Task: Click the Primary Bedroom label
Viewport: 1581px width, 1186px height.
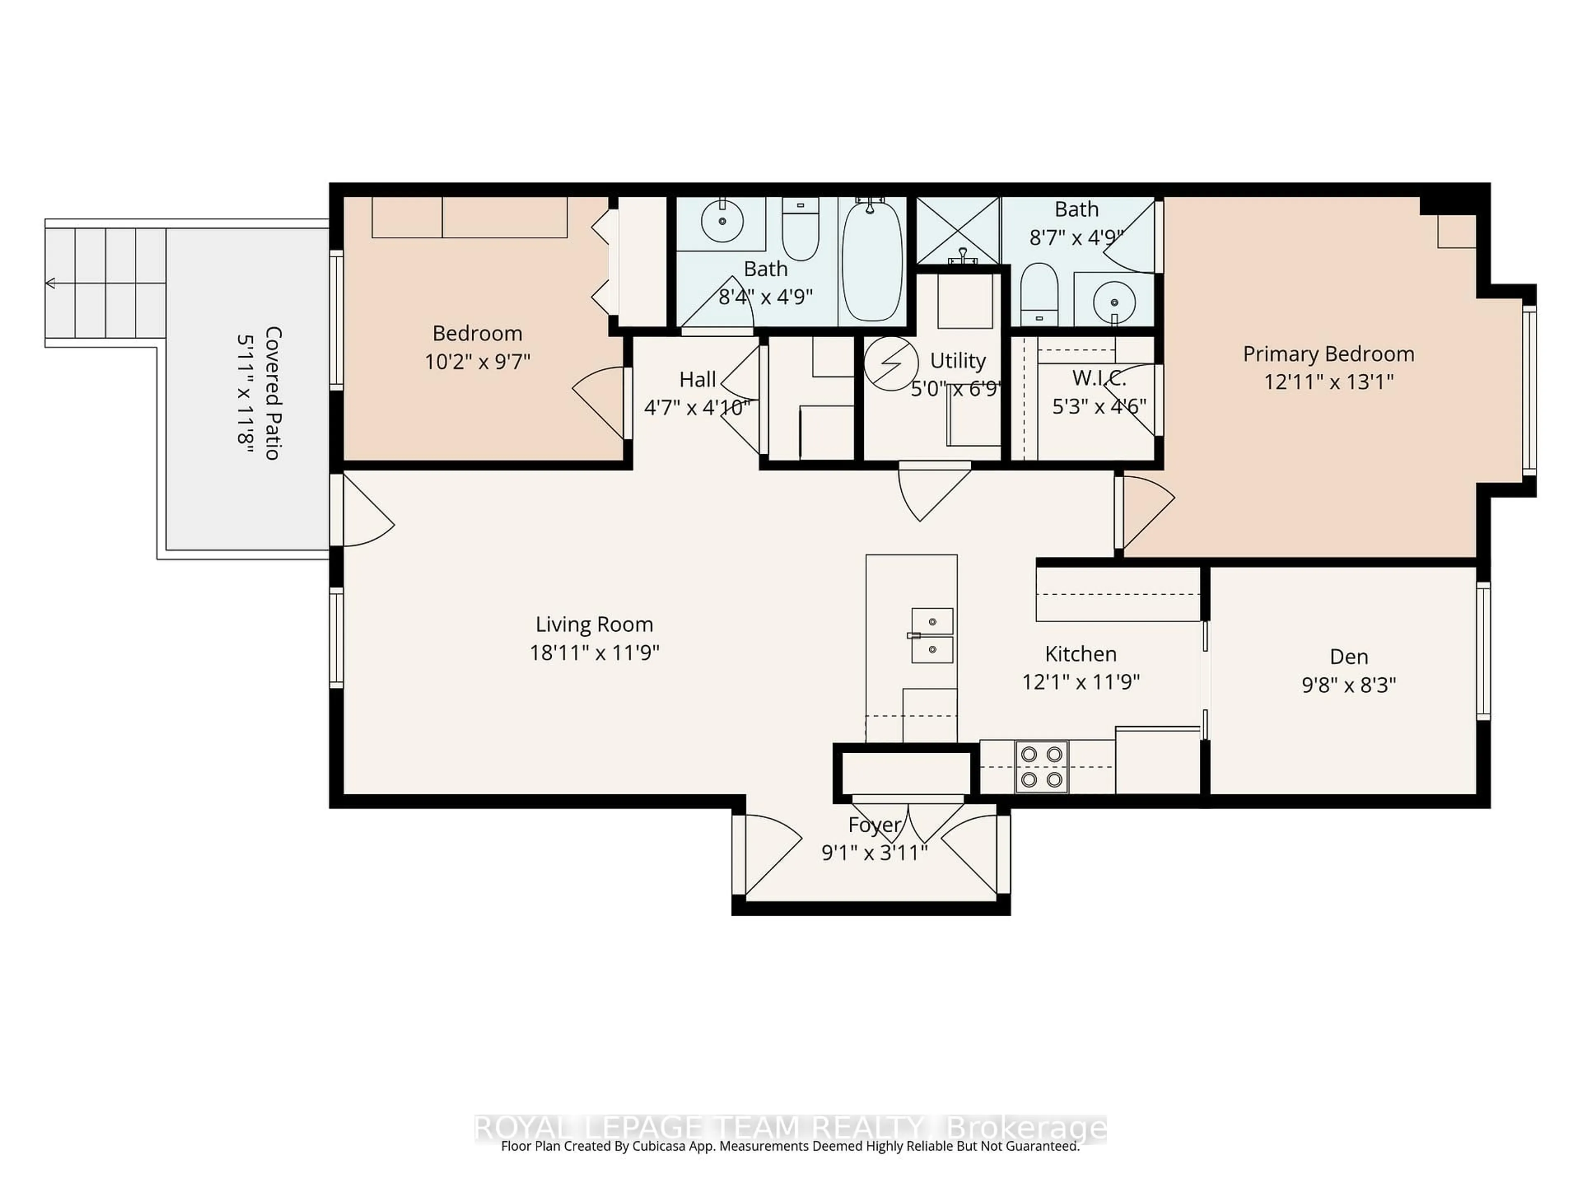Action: [x=1328, y=354]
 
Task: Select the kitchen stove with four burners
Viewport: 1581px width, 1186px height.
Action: [x=1041, y=766]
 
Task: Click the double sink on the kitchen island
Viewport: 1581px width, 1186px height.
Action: [x=932, y=635]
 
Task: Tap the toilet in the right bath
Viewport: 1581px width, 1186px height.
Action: [x=1038, y=293]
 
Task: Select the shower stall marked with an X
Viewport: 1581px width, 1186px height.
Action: [x=958, y=231]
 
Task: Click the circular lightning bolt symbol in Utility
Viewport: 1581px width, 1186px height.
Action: [x=891, y=363]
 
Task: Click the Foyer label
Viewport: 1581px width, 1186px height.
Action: [x=874, y=825]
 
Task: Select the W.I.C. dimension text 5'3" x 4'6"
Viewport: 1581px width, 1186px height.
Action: [x=1098, y=406]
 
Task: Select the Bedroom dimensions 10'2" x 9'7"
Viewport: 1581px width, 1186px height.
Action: [x=478, y=362]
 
